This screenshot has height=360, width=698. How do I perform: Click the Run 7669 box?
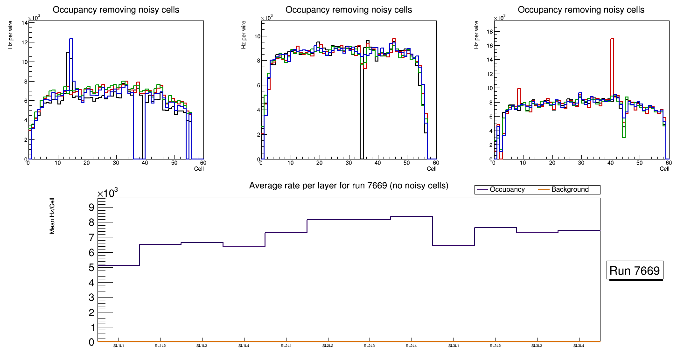pos(635,271)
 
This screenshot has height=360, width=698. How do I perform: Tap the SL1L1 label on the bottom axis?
pos(119,346)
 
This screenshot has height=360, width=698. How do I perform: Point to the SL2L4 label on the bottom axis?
pos(412,346)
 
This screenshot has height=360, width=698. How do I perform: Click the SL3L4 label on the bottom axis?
pos(579,346)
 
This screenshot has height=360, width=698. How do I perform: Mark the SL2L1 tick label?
pos(286,346)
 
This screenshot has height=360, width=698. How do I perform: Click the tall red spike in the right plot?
pos(612,70)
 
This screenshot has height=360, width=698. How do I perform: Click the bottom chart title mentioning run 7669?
pos(349,186)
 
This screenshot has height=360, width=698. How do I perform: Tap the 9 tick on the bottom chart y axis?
pos(91,207)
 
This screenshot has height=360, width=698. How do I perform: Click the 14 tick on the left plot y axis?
pos(24,22)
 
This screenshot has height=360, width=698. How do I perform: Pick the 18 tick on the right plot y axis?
pos(490,31)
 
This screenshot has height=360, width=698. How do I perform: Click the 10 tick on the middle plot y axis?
pos(257,36)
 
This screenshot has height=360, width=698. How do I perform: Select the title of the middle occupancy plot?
pos(349,10)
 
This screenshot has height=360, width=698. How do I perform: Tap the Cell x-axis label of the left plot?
pos(199,168)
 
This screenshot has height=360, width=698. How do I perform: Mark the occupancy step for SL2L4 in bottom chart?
pos(412,216)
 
